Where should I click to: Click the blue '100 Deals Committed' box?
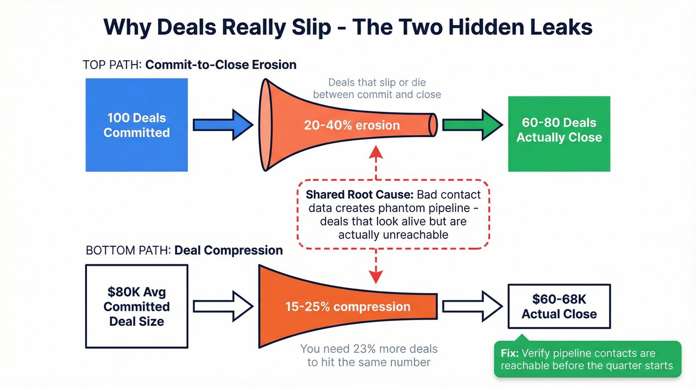137,125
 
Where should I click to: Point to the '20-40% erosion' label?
352,125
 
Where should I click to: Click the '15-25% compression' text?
348,307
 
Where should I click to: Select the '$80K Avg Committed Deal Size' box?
137,306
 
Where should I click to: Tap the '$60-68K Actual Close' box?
559,307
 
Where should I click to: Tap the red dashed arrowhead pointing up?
376,151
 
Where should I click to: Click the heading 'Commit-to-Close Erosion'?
221,65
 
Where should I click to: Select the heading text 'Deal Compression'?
228,250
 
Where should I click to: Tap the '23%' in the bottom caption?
368,349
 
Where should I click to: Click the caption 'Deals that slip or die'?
377,82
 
